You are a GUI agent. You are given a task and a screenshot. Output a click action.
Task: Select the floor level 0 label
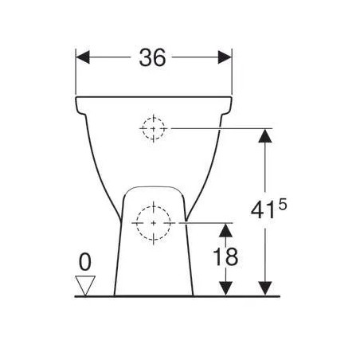84,261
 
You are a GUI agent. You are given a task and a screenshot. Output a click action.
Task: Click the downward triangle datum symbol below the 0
84,284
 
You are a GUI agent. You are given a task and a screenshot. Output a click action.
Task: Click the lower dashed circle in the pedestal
152,224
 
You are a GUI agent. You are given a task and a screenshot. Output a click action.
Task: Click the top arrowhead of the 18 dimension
227,231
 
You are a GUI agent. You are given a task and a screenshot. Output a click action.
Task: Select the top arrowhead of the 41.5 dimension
265,135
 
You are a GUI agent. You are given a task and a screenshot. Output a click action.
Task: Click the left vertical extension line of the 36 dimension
76,76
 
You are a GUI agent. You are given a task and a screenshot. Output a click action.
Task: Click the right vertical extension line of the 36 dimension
231,76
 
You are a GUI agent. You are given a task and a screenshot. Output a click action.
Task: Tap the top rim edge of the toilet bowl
154,98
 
